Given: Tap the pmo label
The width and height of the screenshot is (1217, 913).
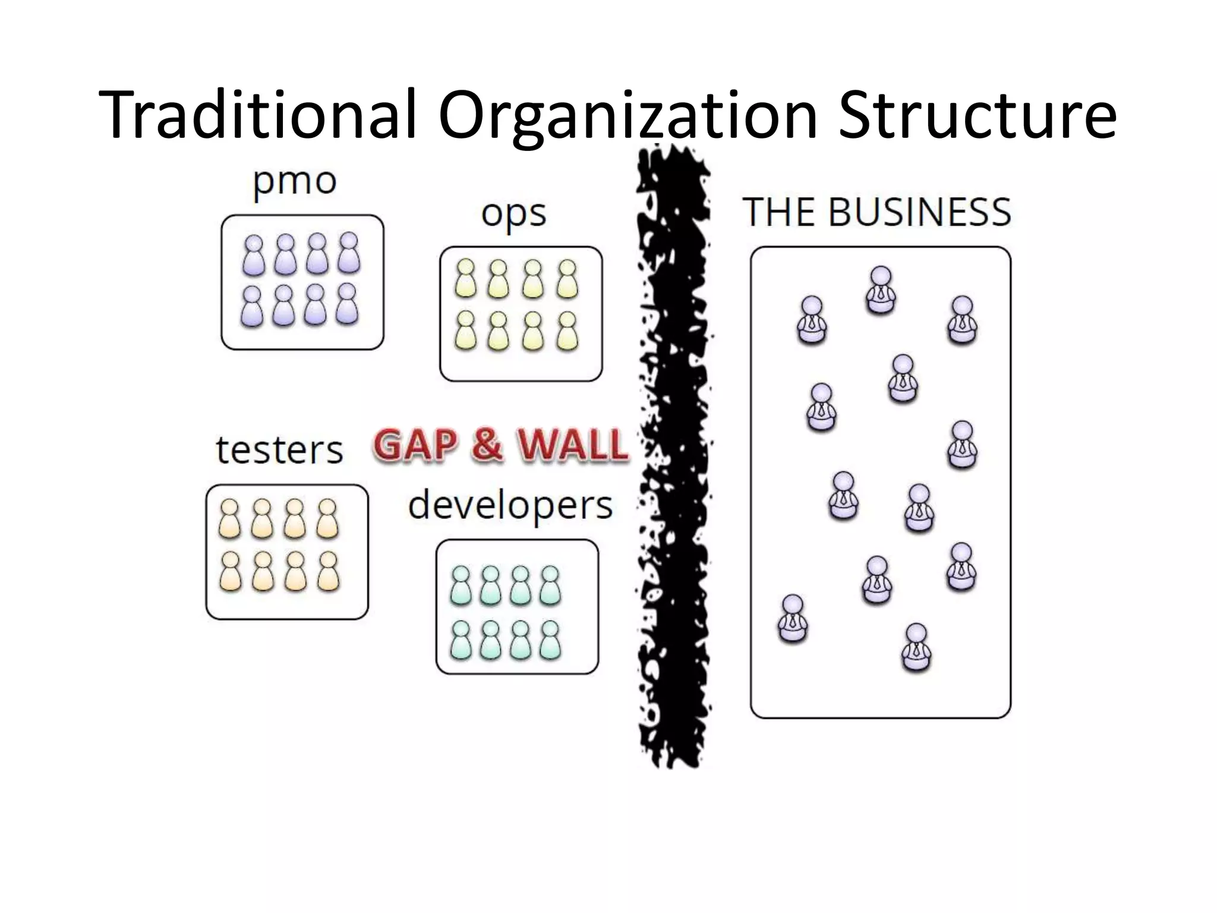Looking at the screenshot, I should click(x=295, y=181).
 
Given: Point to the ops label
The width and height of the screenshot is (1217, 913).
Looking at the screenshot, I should click(x=513, y=214).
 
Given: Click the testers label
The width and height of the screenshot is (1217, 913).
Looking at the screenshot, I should click(x=279, y=450).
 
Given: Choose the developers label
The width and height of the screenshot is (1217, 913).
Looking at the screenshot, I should click(x=510, y=506).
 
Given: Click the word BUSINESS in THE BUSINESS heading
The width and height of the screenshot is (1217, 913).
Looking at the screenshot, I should click(x=919, y=212).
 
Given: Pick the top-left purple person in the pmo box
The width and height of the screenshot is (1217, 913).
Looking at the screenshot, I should click(x=254, y=254).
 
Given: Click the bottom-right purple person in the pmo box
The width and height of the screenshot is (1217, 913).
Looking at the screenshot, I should click(x=347, y=304).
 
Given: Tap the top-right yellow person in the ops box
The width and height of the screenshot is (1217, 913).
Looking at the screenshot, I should click(x=567, y=279).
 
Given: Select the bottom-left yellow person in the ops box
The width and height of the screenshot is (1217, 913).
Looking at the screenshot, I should click(x=466, y=330).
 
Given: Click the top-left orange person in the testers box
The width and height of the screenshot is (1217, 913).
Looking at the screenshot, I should click(x=229, y=518).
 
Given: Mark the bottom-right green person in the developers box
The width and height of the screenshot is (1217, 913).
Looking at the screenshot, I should click(x=550, y=640).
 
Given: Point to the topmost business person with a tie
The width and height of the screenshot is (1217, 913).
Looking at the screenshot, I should click(x=881, y=289).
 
